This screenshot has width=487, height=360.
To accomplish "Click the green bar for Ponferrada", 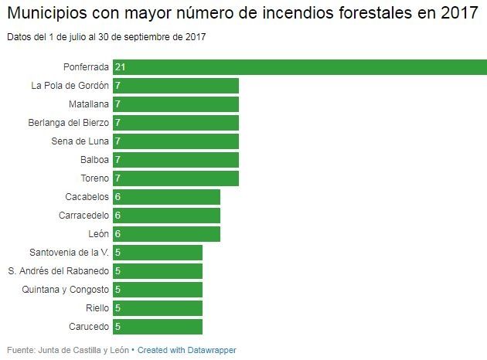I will click(299, 67).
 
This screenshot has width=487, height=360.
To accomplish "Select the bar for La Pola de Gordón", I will click(175, 86).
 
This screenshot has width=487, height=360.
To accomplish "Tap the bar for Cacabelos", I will click(166, 197).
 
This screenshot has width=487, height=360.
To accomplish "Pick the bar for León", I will click(166, 234).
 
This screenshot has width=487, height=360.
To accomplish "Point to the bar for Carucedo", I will click(158, 327).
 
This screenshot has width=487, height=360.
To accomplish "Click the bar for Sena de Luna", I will click(175, 141).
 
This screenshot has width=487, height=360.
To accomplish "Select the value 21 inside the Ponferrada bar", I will click(120, 67).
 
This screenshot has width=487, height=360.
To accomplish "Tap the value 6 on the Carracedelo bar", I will click(117, 216).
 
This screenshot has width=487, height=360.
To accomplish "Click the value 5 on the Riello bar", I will click(117, 308).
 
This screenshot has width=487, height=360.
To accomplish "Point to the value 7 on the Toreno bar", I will click(117, 178).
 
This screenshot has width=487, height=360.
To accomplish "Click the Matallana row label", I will click(89, 104).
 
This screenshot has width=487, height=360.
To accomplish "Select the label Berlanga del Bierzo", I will click(68, 123).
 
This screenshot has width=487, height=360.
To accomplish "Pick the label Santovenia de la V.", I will click(69, 253).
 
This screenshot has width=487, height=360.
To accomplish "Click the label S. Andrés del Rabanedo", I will click(58, 271).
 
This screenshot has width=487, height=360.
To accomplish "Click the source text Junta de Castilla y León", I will click(83, 350).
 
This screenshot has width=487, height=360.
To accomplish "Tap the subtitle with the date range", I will click(107, 36).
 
